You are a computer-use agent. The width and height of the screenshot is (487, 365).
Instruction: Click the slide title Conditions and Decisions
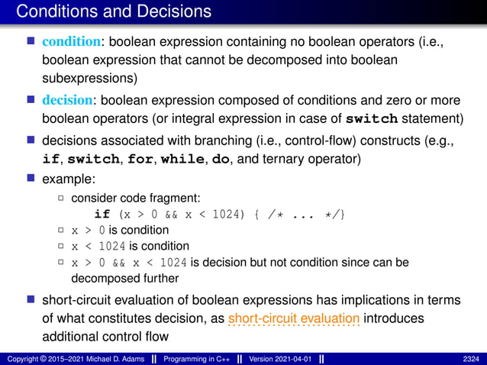pyautogui.click(x=113, y=11)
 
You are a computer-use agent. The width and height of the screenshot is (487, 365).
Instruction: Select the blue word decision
pyautogui.click(x=67, y=99)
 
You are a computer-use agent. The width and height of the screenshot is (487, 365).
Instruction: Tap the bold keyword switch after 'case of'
pyautogui.click(x=372, y=118)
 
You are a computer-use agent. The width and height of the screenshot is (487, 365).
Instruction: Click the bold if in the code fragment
pyautogui.click(x=102, y=214)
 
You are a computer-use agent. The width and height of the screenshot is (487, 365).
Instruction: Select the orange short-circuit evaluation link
pyautogui.click(x=294, y=317)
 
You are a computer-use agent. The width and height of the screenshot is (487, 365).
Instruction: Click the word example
pyautogui.click(x=66, y=178)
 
